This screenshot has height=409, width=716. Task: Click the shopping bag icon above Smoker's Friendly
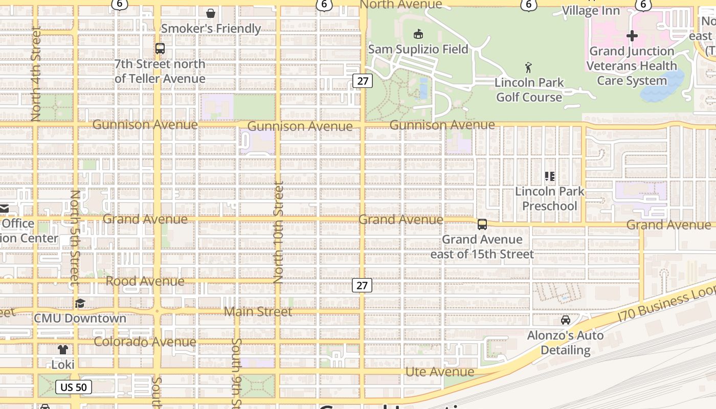[x=210, y=13]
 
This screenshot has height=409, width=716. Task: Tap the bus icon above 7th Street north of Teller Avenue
[x=160, y=49]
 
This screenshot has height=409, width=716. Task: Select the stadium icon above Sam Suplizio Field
[x=418, y=34]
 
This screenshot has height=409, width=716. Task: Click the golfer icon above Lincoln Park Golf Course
[x=529, y=67]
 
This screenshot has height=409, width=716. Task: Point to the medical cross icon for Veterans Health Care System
[x=632, y=36]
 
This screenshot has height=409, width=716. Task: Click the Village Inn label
[x=591, y=10]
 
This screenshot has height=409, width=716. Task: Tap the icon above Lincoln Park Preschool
[x=550, y=176]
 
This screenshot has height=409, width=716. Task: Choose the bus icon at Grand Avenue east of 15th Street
[x=482, y=224]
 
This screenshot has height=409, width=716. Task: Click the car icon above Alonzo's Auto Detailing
[x=565, y=320]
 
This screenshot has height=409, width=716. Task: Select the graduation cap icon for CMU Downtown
[x=80, y=303]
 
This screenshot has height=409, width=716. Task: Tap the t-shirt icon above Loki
[x=63, y=350]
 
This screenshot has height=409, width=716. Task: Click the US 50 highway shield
[x=74, y=387]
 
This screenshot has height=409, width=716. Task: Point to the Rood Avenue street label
[x=145, y=281]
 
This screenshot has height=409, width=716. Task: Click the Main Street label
[x=258, y=311]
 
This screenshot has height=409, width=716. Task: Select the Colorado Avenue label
[x=145, y=342]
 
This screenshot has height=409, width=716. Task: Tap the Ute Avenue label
[x=440, y=371]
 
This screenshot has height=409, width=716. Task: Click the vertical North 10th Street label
[x=278, y=233]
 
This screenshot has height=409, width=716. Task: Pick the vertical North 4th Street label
[x=35, y=74]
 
